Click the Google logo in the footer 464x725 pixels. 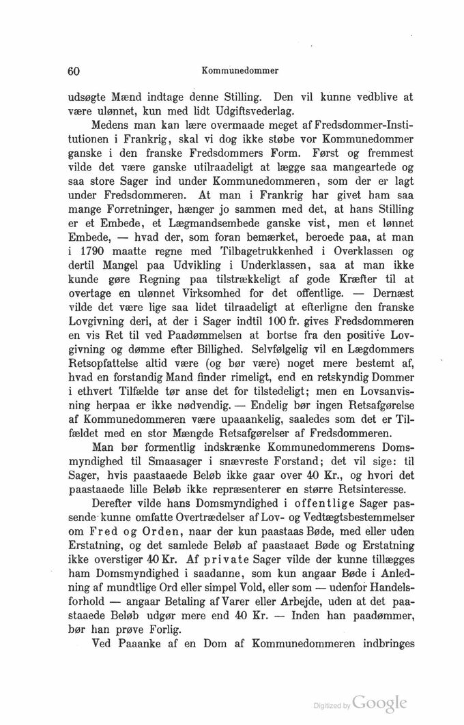coord(381,702)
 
